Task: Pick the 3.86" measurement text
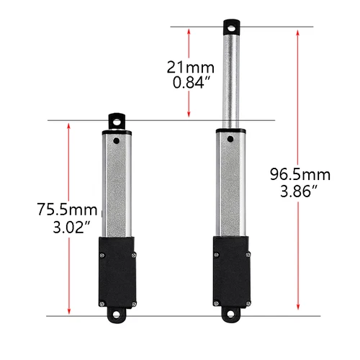(x=300, y=192)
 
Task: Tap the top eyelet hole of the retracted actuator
(x=117, y=121)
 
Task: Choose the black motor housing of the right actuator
(x=232, y=274)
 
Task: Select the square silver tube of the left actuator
(x=117, y=187)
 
